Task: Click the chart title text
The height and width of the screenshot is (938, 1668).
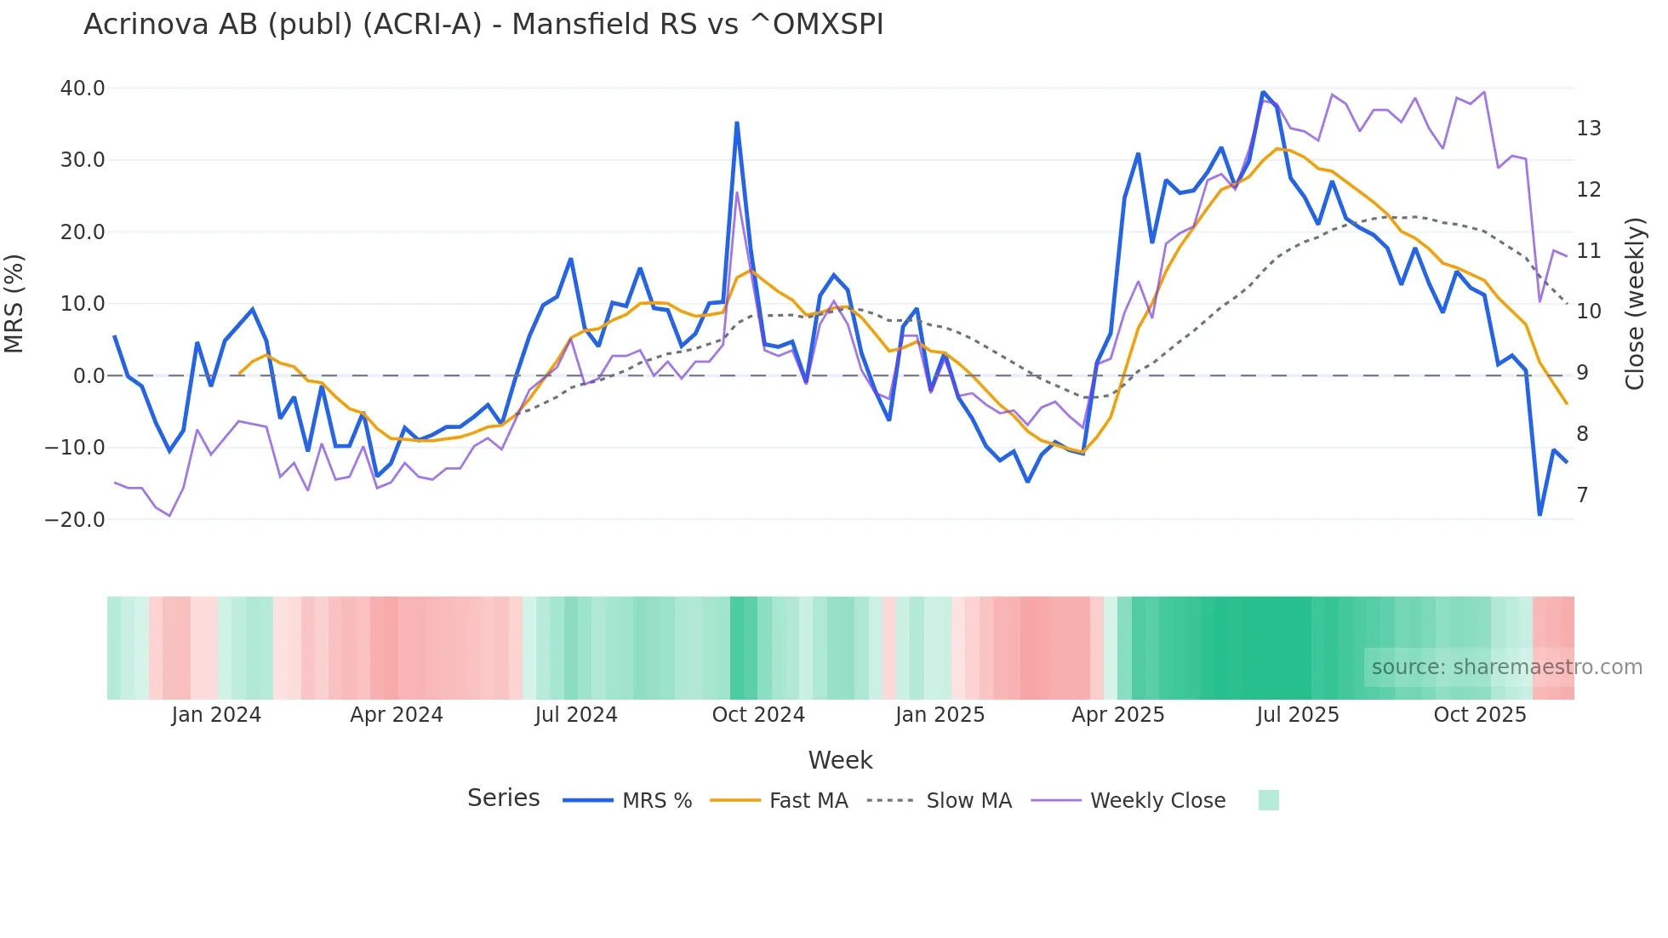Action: point(483,25)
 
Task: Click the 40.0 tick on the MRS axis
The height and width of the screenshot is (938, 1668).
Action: point(83,89)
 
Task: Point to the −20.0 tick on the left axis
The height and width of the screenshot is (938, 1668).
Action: point(75,519)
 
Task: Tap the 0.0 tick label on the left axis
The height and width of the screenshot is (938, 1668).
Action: point(89,375)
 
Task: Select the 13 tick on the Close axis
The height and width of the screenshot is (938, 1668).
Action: point(1588,129)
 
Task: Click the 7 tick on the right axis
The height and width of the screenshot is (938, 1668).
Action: point(1582,495)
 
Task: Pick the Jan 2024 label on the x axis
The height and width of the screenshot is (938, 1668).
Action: point(216,715)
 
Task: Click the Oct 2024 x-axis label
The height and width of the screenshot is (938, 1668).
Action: point(758,715)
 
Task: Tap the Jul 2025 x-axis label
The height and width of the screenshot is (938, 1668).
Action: point(1298,715)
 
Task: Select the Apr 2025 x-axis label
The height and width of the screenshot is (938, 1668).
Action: point(1118,715)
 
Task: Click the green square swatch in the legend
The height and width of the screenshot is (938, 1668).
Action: point(1268,800)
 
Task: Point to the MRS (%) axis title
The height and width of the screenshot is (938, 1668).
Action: point(14,304)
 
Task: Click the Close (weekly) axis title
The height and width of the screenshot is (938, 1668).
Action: point(1635,304)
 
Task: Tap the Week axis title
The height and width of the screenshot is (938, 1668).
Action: point(840,760)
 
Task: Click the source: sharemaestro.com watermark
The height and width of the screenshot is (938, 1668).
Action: point(1506,667)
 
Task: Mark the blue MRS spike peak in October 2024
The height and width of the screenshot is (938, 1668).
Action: point(737,123)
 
